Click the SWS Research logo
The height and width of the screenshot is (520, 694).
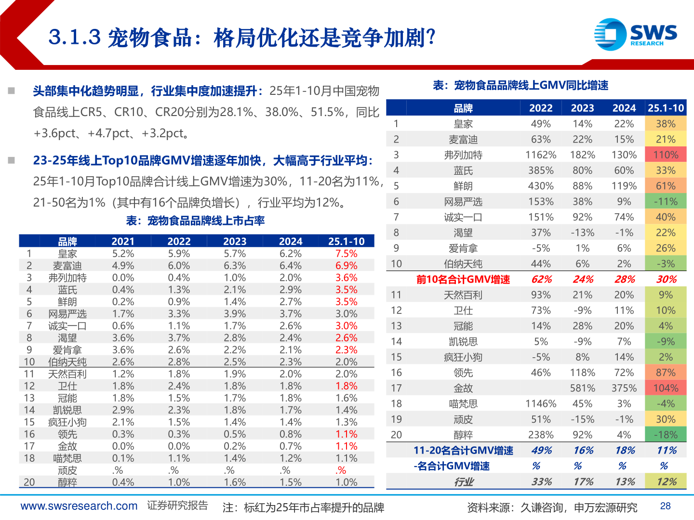tap(635, 34)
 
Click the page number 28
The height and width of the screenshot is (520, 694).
tap(665, 506)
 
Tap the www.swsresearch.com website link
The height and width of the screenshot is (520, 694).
tap(79, 506)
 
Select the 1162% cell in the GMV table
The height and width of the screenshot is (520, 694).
tap(541, 155)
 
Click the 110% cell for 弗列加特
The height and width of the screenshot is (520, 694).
tap(666, 155)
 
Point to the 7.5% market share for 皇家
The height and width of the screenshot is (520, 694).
tap(346, 254)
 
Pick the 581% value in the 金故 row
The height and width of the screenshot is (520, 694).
tap(582, 388)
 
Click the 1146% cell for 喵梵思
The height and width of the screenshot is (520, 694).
tap(541, 403)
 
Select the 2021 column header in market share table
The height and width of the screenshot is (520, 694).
tap(123, 241)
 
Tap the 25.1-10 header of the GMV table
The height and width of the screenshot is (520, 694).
tap(666, 108)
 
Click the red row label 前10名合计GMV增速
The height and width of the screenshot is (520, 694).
tap(463, 279)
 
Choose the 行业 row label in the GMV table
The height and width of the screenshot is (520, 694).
tap(463, 481)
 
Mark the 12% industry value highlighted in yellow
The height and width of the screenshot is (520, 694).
tap(666, 481)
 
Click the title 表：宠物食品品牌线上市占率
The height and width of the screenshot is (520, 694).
tap(195, 221)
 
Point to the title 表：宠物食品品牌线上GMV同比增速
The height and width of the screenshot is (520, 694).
tap(520, 86)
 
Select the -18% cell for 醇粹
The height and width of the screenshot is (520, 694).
tap(666, 435)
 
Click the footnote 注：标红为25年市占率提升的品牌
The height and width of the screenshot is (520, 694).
tap(303, 507)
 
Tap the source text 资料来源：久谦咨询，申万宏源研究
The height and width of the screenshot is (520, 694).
tap(552, 507)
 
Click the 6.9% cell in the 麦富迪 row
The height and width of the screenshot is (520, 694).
tap(346, 266)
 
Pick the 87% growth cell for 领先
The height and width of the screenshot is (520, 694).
tap(666, 373)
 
